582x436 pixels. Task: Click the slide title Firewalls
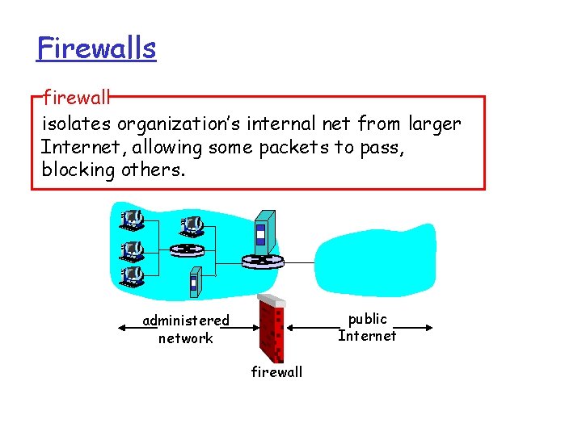[x=96, y=48]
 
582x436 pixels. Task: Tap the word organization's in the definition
[x=188, y=124]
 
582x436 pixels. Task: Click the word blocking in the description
[x=78, y=170]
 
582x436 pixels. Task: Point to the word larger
[x=434, y=124]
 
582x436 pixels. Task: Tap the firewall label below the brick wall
[x=276, y=372]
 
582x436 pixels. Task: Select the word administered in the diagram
[x=186, y=321]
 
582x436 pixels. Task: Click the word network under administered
[x=186, y=338]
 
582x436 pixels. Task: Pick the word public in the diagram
[x=368, y=319]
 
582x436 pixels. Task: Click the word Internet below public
[x=368, y=336]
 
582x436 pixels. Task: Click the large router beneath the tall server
[x=264, y=260]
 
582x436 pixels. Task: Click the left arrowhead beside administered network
[x=121, y=328]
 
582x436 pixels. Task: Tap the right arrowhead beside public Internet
[x=429, y=328]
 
